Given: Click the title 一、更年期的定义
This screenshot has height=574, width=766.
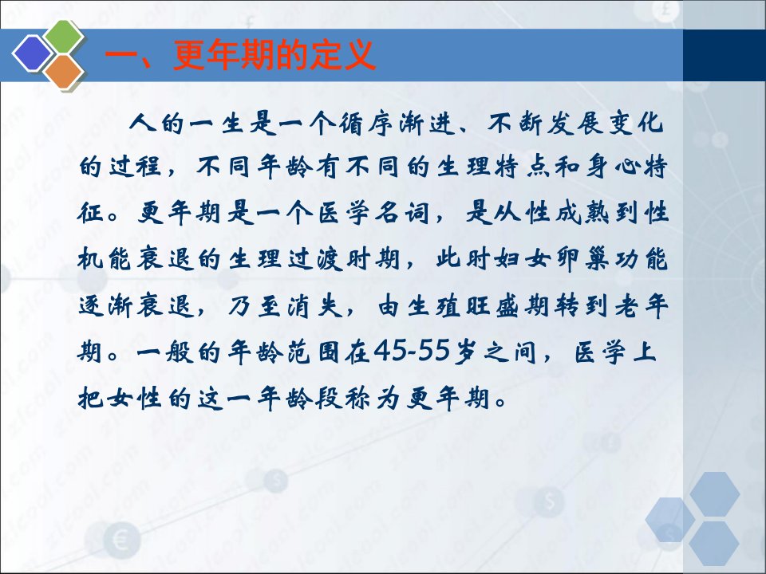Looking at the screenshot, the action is tap(240, 55).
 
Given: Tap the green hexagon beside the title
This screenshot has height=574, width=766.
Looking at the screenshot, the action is tap(64, 35).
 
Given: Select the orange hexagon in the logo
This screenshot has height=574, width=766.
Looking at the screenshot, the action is tap(64, 72).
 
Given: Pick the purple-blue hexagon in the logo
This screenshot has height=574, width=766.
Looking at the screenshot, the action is tap(32, 53).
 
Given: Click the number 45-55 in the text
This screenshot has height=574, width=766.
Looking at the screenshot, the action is tap(412, 350).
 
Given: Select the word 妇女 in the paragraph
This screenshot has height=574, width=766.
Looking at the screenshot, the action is tap(521, 258).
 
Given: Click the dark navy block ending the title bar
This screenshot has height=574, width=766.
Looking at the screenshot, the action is tap(724, 55).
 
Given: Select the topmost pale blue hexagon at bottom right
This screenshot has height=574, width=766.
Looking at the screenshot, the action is tap(715, 494).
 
